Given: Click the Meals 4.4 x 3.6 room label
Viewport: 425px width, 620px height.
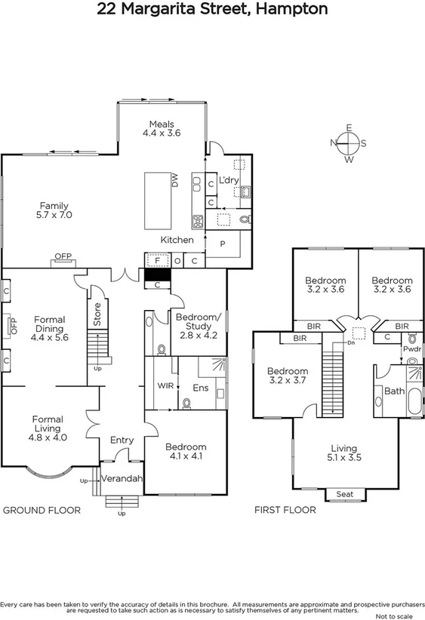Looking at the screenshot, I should pyautogui.click(x=162, y=129).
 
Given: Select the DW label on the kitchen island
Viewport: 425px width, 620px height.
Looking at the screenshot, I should pyautogui.click(x=174, y=180).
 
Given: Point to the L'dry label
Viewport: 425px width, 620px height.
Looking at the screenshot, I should pyautogui.click(x=227, y=181).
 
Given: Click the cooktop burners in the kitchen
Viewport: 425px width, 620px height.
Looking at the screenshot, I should pyautogui.click(x=199, y=221).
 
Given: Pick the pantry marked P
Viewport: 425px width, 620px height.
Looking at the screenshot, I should pyautogui.click(x=223, y=244).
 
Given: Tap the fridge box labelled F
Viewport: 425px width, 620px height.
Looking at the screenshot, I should pyautogui.click(x=157, y=261).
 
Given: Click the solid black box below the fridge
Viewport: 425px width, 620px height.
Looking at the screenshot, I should pyautogui.click(x=157, y=275).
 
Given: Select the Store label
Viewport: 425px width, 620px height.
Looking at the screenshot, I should pyautogui.click(x=97, y=315).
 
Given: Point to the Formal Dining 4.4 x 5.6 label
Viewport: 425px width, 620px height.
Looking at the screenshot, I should pyautogui.click(x=50, y=329).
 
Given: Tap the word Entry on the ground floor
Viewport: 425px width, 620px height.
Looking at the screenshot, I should pyautogui.click(x=122, y=440).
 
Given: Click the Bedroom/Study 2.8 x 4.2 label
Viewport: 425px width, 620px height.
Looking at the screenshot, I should pyautogui.click(x=199, y=323).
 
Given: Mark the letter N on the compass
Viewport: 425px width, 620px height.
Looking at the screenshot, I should pyautogui.click(x=334, y=143).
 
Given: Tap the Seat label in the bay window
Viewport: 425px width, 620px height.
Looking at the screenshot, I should pyautogui.click(x=344, y=495).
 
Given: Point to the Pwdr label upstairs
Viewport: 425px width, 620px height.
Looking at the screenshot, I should pyautogui.click(x=412, y=349).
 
